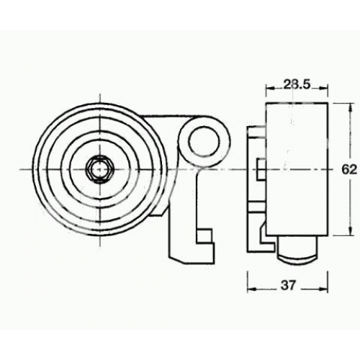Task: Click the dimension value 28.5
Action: tap(297, 84)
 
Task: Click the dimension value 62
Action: tap(349, 170)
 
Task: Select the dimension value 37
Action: tap(288, 286)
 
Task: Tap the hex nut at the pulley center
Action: tap(99, 169)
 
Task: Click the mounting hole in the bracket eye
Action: tap(204, 142)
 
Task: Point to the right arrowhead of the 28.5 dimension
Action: tap(323, 88)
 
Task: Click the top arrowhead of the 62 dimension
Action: tap(351, 107)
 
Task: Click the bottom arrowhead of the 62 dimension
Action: tap(351, 231)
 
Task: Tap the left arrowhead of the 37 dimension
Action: tap(252, 289)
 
